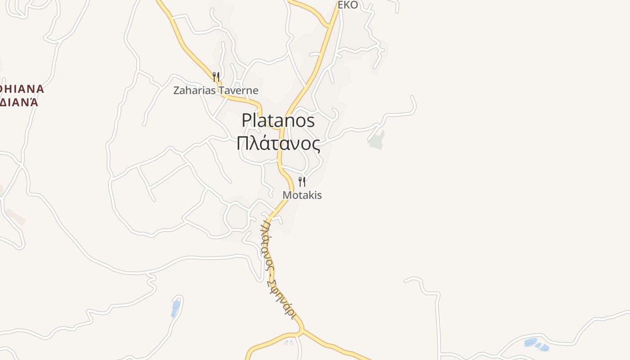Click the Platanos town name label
[x=278, y=121]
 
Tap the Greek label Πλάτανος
[x=278, y=144]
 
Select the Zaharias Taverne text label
[x=216, y=90]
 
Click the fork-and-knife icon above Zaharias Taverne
[x=216, y=77]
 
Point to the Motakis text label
[x=302, y=195]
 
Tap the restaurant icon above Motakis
[x=302, y=182]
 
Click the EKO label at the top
[x=348, y=5]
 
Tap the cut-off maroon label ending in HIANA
[x=22, y=89]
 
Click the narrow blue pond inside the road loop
[x=175, y=309]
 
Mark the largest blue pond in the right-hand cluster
[x=531, y=342]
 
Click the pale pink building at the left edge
[x=15, y=216]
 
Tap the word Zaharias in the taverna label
[x=194, y=90]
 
